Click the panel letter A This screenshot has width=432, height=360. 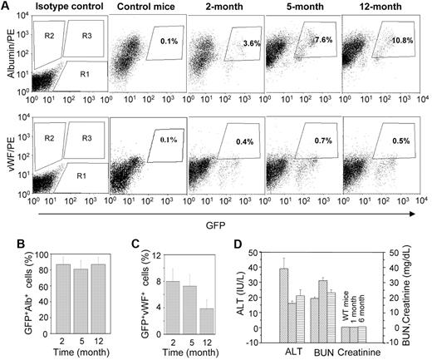pyautogui.click(x=7, y=7)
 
